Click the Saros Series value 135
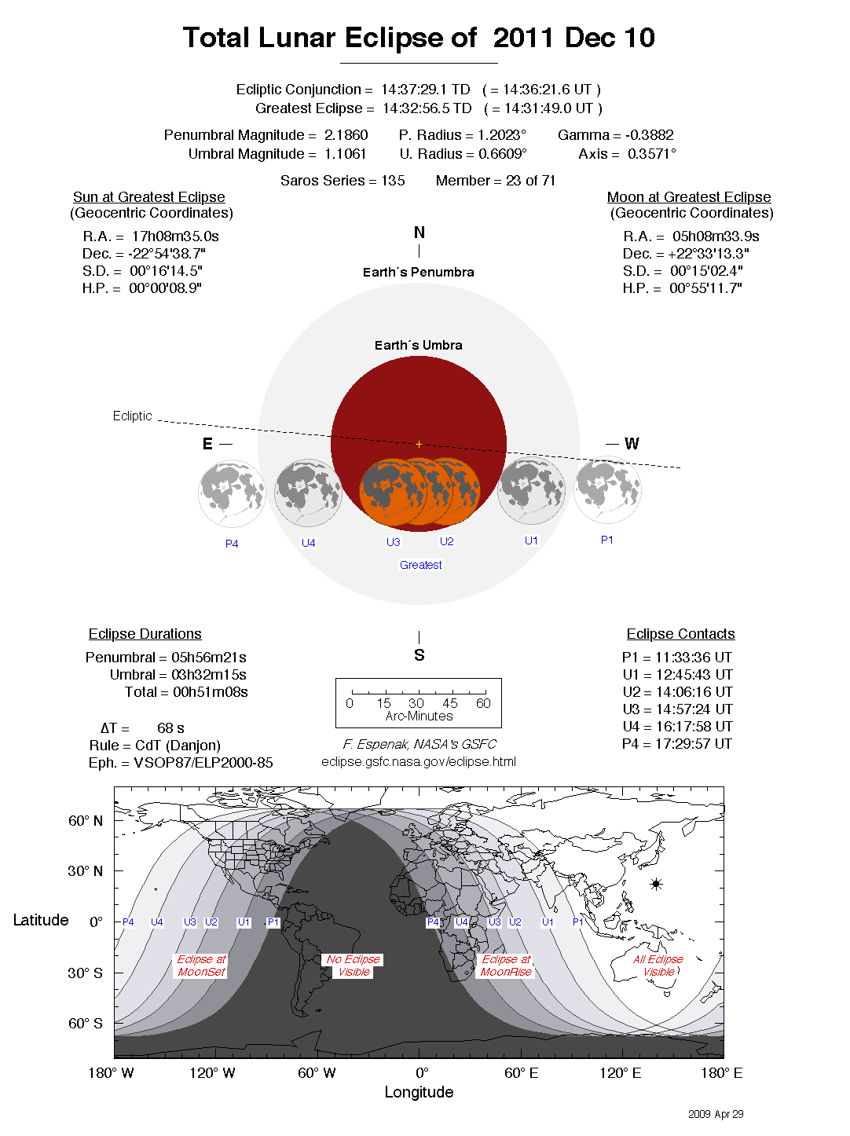pos(393,181)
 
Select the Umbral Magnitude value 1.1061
pos(345,154)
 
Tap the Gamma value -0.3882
pos(650,135)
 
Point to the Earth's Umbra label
pos(418,346)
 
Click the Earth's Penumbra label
pos(418,273)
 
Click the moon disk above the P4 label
pos(232,493)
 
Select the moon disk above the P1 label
pos(607,490)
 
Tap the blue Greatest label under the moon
pos(420,565)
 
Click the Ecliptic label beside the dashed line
pos(132,416)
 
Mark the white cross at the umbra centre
pos(419,445)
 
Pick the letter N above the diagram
pos(419,233)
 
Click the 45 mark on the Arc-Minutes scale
pos(450,703)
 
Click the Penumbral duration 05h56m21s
pos(209,658)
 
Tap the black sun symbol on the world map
pos(656,884)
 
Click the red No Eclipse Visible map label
pos(354,966)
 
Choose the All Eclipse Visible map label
pos(658,966)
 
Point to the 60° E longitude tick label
pos(521,1073)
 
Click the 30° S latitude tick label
pos(85,973)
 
